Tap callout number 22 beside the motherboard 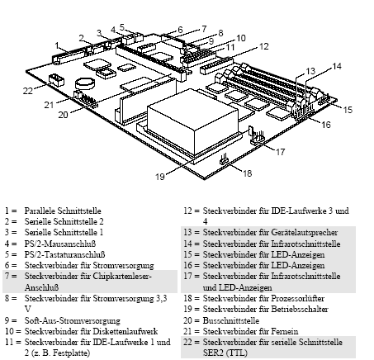[27, 90]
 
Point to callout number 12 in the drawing [264, 48]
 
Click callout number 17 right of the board [281, 151]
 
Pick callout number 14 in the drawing [336, 65]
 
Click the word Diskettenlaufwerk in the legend [116, 329]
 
